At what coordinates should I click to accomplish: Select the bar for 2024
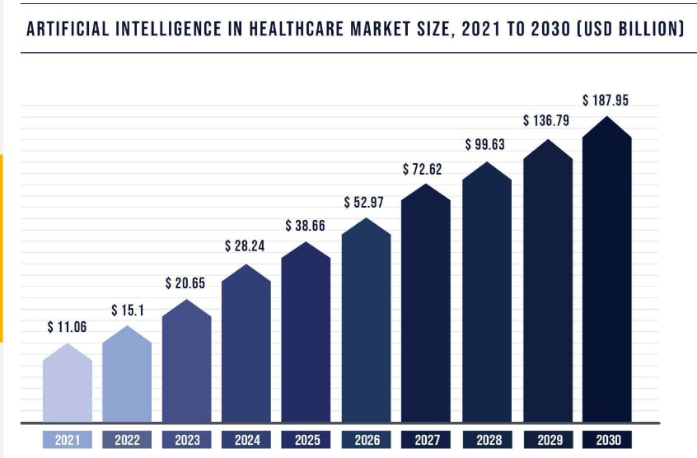click(x=246, y=346)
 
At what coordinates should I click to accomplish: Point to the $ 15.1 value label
click(x=128, y=311)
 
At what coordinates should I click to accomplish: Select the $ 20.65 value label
click(x=185, y=283)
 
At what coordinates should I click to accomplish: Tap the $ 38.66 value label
click(x=305, y=225)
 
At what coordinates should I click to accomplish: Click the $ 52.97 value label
click(x=364, y=203)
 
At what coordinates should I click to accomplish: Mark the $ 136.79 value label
click(x=547, y=121)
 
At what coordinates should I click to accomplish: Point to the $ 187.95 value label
click(x=606, y=100)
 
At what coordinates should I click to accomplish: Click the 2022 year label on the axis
click(x=127, y=440)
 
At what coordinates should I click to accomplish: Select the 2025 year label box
click(x=306, y=440)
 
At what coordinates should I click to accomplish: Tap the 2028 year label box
click(x=485, y=440)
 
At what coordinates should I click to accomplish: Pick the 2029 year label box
click(x=546, y=440)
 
